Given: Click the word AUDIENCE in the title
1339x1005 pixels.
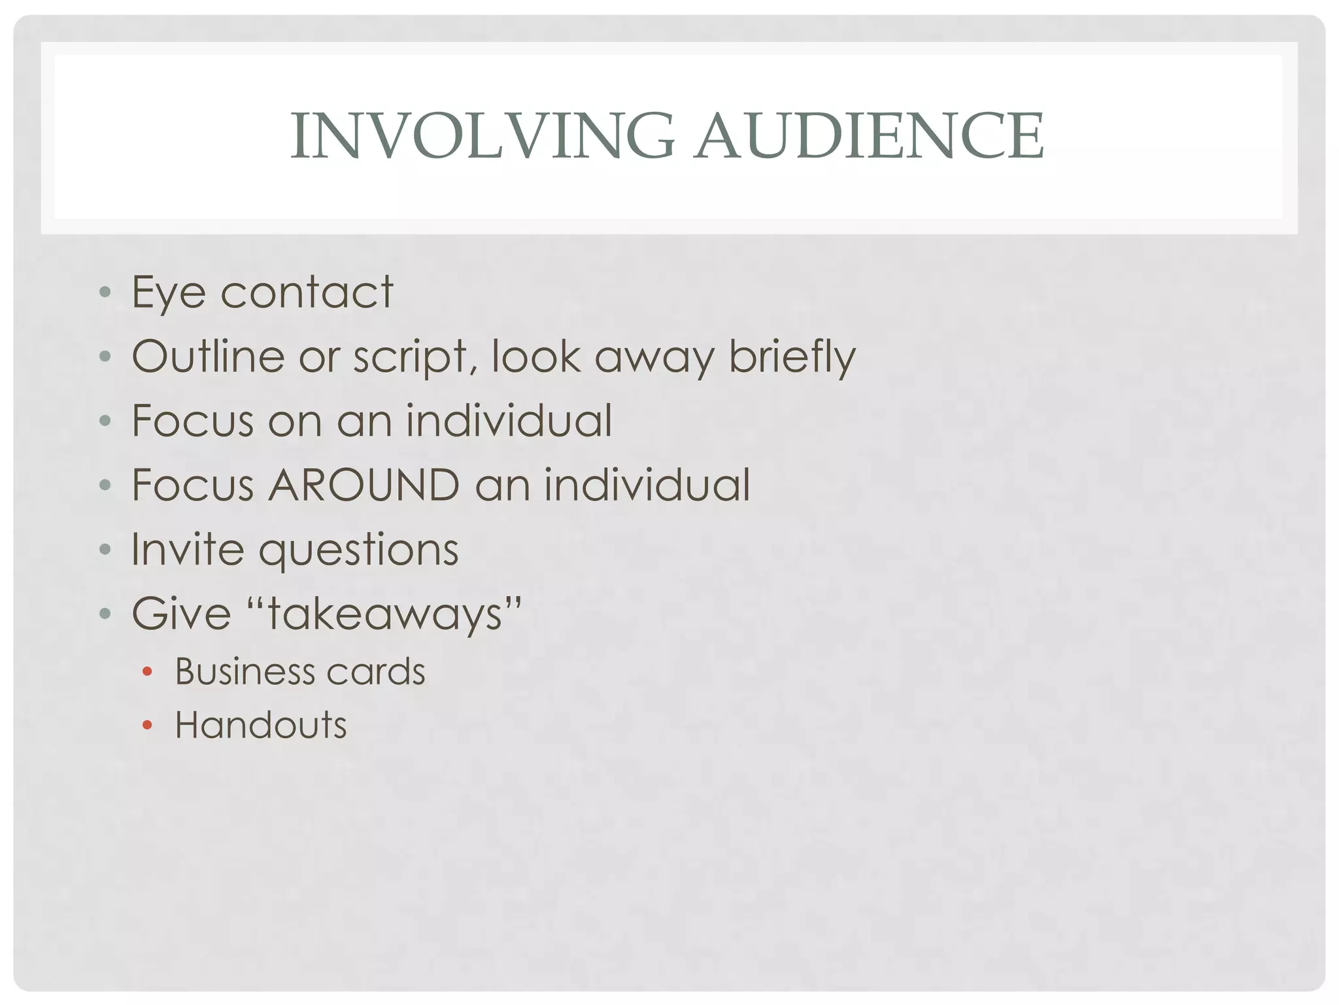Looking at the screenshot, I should point(870,135).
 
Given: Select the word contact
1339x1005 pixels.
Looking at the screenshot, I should point(307,292).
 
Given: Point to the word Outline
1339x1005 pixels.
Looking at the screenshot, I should point(208,357).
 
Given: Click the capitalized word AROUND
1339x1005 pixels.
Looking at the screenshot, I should point(364,485).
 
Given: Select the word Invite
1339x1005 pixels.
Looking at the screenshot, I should point(186,549).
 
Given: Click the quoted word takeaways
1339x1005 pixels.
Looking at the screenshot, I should point(384,614).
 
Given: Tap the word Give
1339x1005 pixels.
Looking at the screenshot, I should point(182,614).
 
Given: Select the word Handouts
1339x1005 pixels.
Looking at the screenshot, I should point(260,725).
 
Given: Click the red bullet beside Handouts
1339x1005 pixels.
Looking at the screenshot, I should point(147,725).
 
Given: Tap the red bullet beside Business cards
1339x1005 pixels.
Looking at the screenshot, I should point(147,671).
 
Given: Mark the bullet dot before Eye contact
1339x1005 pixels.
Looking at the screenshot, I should point(105,291).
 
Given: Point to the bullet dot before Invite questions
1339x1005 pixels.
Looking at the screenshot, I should point(105,548).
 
